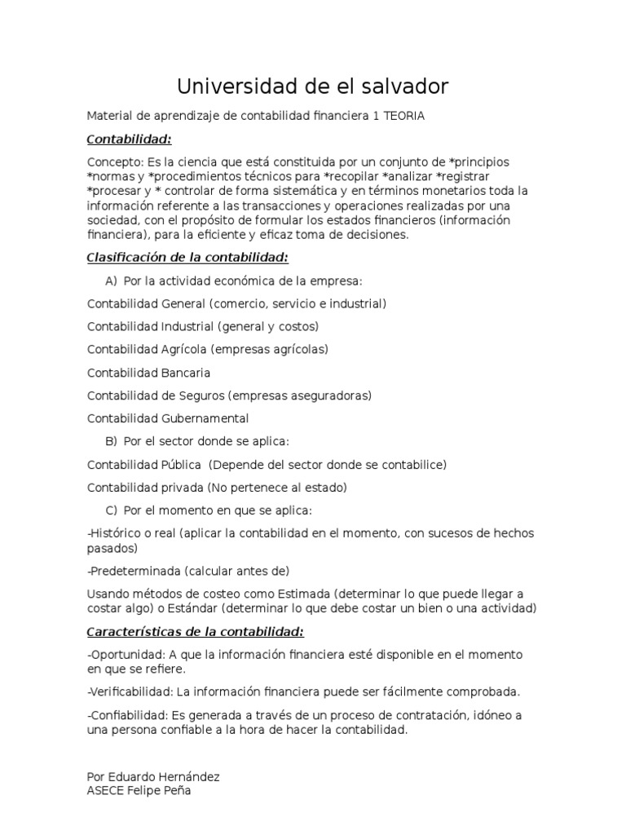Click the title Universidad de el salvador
tap(313, 86)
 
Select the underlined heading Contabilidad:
tap(130, 139)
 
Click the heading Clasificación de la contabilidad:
tap(187, 258)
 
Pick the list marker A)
tap(111, 281)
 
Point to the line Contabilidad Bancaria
tap(148, 373)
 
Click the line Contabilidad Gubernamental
tap(168, 418)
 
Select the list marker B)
tap(111, 441)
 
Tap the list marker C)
tap(111, 510)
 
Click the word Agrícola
tap(184, 350)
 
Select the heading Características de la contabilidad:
tap(196, 632)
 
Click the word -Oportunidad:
tap(124, 655)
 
